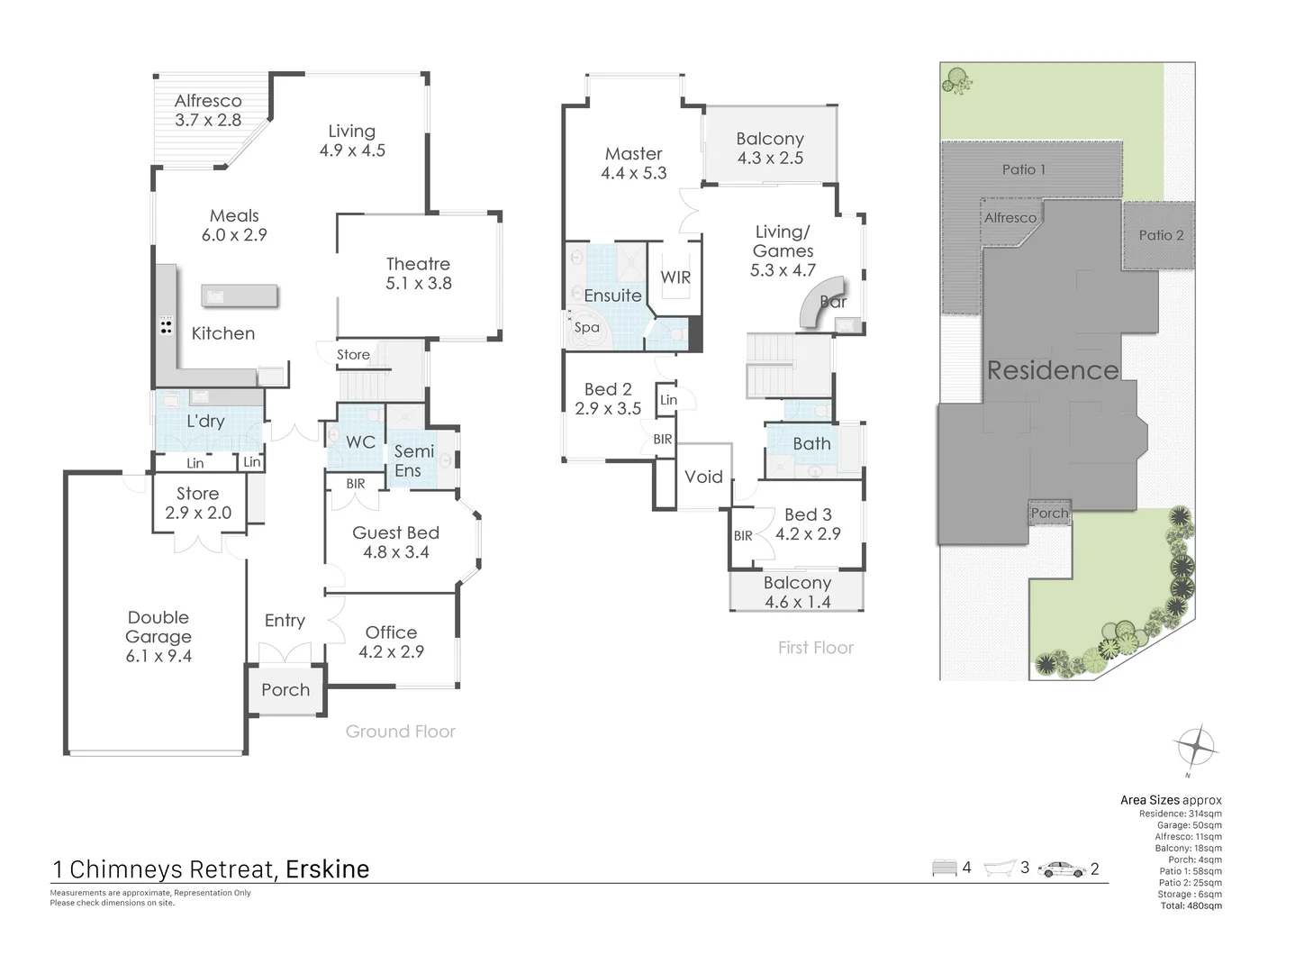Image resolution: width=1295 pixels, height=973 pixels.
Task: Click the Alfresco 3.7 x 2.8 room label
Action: click(208, 110)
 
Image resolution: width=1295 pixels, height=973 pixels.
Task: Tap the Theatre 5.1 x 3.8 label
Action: click(418, 273)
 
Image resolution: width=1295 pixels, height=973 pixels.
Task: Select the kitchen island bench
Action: click(240, 296)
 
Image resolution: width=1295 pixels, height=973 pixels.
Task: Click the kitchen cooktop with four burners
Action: click(166, 325)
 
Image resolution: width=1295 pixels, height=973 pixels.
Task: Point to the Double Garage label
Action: click(158, 636)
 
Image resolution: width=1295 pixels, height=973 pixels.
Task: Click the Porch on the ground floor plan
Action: click(285, 690)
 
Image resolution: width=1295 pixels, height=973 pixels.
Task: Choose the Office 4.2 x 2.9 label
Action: click(391, 641)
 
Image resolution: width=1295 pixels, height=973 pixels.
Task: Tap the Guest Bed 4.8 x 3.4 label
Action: click(395, 541)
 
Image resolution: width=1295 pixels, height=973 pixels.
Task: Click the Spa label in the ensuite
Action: click(586, 328)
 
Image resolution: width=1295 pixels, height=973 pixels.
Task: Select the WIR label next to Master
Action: click(675, 277)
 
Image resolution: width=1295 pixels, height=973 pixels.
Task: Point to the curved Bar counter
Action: click(815, 305)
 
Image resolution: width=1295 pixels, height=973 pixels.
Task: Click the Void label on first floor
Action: click(703, 477)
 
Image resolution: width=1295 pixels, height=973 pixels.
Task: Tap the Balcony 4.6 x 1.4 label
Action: click(797, 592)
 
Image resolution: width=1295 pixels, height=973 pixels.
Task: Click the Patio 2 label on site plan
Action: click(1161, 235)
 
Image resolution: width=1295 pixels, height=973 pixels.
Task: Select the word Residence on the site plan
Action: click(1053, 370)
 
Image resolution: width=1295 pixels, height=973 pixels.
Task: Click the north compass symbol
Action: click(1196, 748)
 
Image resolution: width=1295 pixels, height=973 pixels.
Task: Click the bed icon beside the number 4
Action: click(944, 868)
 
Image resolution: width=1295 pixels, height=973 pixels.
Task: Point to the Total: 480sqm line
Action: click(1191, 906)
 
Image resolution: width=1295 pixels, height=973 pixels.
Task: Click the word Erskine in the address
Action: click(327, 869)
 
